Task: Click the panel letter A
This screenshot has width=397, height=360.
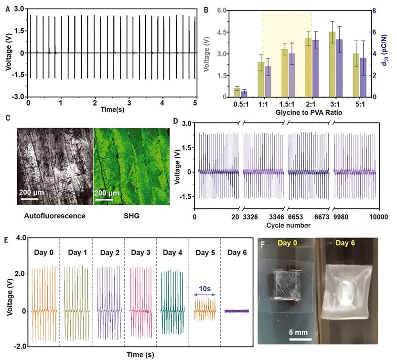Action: click(x=7, y=8)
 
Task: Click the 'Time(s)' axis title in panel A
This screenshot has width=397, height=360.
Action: click(x=112, y=110)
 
